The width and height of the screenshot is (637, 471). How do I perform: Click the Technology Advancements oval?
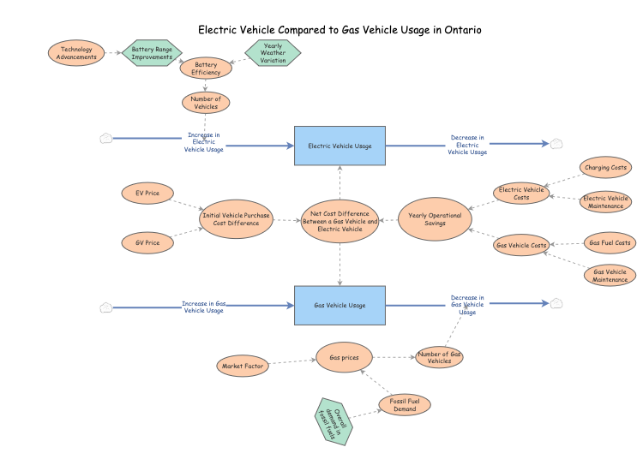(76, 53)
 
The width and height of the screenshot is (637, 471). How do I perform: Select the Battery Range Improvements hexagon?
(152, 53)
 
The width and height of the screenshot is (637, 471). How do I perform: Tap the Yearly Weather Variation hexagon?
(273, 53)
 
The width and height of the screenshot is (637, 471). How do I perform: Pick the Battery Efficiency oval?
(206, 68)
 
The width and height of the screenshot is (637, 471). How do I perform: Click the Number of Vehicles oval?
(206, 102)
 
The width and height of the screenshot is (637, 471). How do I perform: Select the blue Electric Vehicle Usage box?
(340, 146)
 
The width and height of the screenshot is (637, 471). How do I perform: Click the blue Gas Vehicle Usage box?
(340, 305)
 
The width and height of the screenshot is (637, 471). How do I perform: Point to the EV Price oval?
(147, 194)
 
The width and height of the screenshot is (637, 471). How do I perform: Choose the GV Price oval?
(147, 243)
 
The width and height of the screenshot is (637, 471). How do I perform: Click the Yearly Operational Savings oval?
(435, 219)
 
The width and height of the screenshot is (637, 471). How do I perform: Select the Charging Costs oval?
(606, 168)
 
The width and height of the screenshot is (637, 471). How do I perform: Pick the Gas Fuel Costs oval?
(610, 243)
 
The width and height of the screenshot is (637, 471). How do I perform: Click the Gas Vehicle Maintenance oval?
(610, 276)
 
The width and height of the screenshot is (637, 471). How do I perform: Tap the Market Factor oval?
(243, 367)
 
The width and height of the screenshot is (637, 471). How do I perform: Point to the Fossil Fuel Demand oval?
(405, 405)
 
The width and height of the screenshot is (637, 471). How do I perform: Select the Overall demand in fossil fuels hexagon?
(330, 420)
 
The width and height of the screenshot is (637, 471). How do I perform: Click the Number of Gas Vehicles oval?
(439, 357)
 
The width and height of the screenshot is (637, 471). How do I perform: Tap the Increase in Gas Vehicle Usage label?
(204, 307)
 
